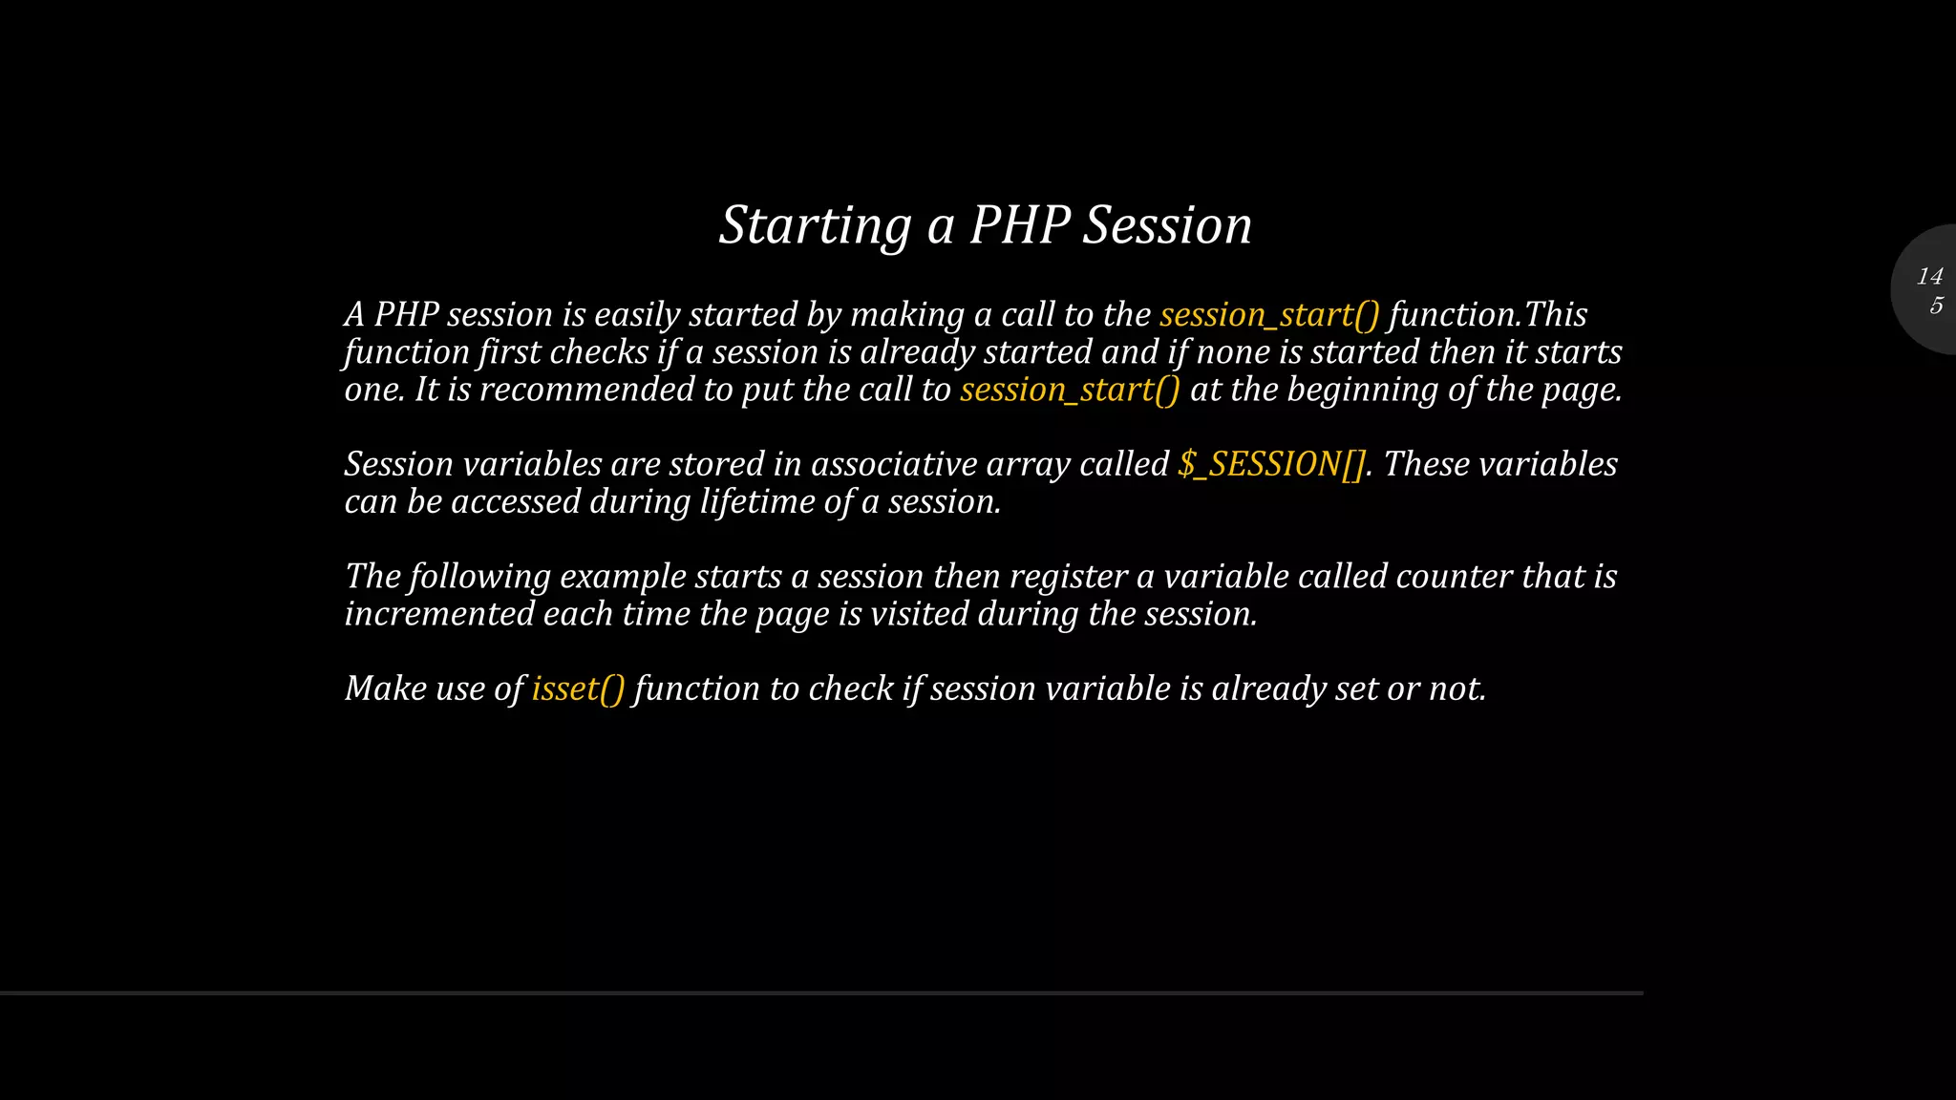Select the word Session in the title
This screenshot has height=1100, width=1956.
1167,226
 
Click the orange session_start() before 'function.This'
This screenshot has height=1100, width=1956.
1269,315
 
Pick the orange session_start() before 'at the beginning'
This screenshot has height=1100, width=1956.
1070,391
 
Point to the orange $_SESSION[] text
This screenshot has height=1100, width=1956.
1271,465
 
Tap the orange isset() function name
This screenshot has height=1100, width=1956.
578,689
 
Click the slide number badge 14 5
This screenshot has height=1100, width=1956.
1929,290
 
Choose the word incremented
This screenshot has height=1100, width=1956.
439,614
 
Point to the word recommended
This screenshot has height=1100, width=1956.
586,391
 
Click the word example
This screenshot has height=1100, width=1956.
623,577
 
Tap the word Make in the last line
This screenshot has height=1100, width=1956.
386,689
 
